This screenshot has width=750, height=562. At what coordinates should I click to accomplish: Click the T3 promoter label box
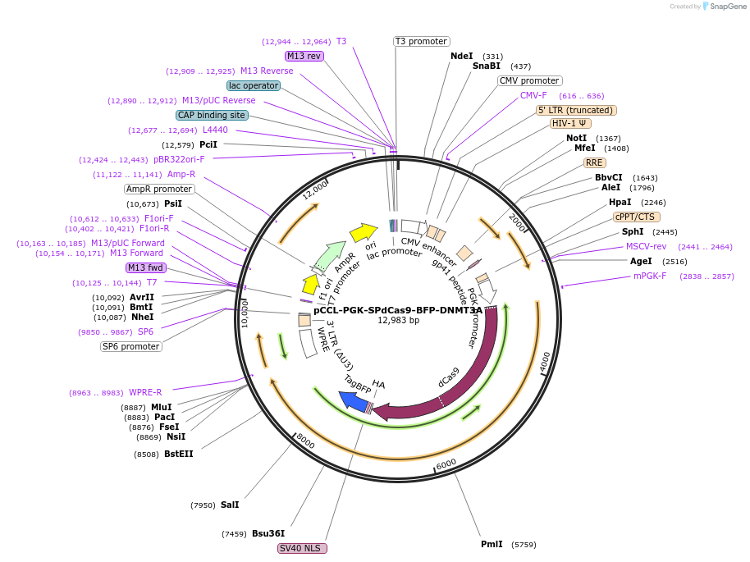click(x=421, y=41)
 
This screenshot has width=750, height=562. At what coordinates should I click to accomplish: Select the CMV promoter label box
click(x=529, y=80)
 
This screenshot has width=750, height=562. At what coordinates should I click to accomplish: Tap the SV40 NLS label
click(x=303, y=548)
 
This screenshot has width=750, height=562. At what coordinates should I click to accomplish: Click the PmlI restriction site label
click(x=492, y=544)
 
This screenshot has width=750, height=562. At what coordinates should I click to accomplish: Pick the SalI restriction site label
click(x=230, y=505)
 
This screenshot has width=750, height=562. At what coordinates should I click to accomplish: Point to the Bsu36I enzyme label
click(x=268, y=533)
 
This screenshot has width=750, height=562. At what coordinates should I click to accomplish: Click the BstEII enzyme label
click(x=179, y=454)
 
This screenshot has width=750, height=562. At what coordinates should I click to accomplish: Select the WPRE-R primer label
click(x=145, y=392)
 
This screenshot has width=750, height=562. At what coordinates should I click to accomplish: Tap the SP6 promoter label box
click(x=131, y=346)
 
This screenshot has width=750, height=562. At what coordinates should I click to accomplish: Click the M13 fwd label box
click(x=146, y=267)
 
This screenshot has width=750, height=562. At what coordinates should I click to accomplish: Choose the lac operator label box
click(x=254, y=85)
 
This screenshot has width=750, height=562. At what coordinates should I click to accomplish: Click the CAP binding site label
click(x=212, y=116)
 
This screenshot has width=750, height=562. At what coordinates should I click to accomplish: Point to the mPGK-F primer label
click(x=650, y=276)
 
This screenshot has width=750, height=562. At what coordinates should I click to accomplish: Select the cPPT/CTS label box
click(x=635, y=217)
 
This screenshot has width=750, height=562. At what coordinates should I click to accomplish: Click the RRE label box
click(x=595, y=162)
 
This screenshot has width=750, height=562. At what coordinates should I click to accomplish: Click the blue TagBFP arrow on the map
click(x=353, y=400)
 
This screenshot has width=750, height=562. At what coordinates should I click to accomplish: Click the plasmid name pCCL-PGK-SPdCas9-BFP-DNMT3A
click(x=398, y=310)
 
